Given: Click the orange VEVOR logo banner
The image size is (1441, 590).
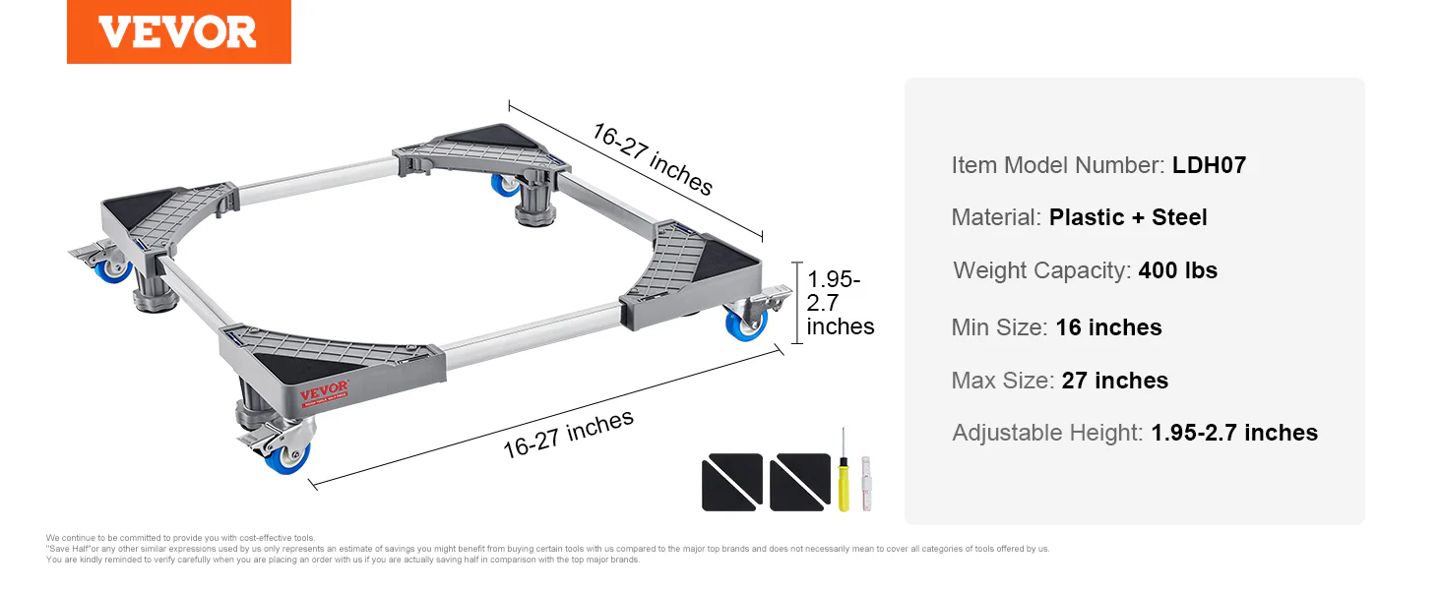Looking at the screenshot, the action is click(179, 31).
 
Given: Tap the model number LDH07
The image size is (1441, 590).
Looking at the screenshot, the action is click(1209, 165).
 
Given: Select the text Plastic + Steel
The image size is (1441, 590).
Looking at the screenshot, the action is click(1128, 217).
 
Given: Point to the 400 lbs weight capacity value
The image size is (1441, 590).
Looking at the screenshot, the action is click(1178, 270).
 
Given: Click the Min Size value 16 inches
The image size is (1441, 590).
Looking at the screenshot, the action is click(1108, 327).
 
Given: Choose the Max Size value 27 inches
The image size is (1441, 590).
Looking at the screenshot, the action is click(1115, 381).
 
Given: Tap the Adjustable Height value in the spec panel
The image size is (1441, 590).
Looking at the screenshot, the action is click(1234, 433).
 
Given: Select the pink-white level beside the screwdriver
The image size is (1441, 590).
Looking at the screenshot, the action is click(866, 484).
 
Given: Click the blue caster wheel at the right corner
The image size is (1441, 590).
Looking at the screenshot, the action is click(745, 324).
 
